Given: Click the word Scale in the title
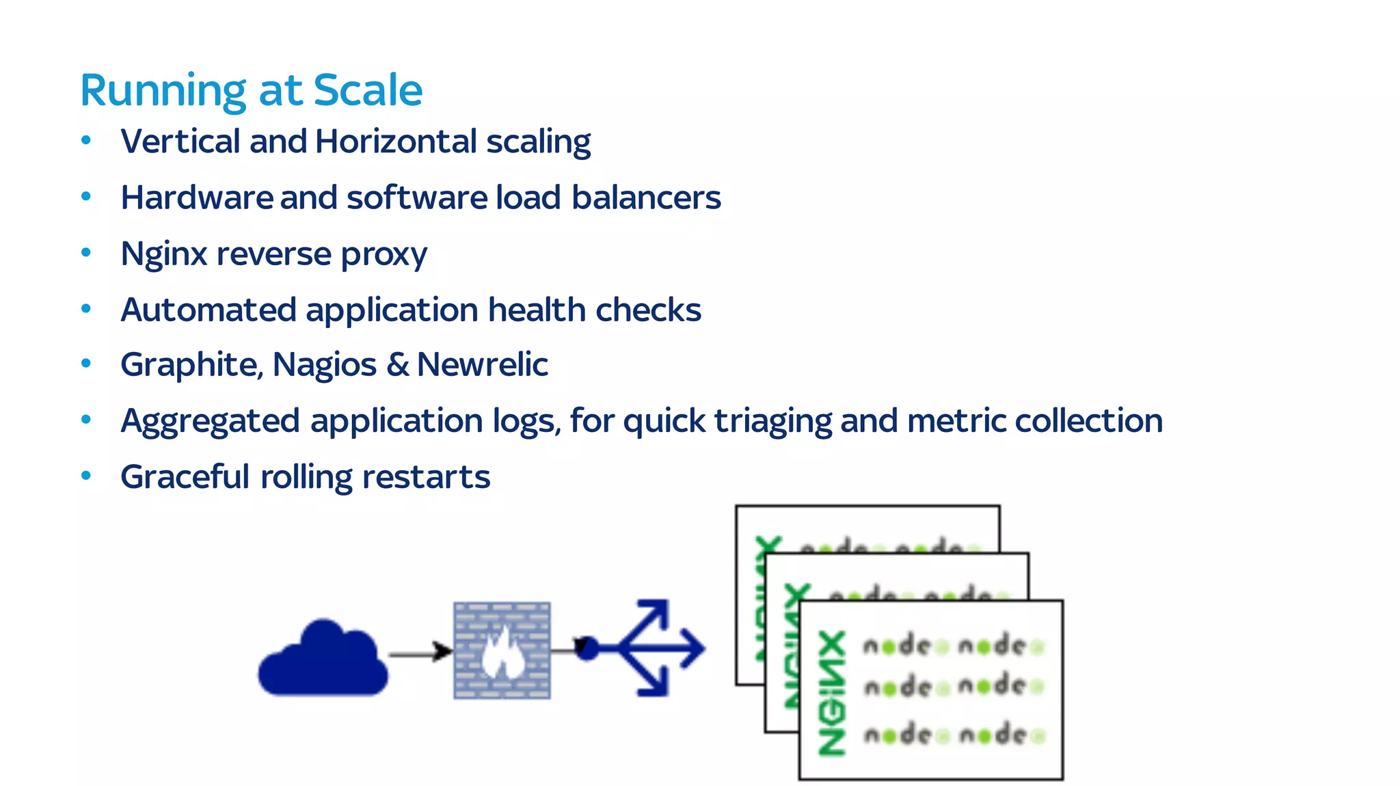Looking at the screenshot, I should tap(368, 90).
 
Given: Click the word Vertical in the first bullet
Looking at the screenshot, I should tap(180, 141).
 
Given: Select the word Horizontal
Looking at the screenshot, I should tap(396, 141).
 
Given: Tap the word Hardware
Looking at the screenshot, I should tap(197, 198).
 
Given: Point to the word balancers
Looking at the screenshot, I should tap(645, 198).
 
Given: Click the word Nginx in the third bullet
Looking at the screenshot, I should tap(163, 254).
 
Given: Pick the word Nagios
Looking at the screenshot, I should tap(324, 365).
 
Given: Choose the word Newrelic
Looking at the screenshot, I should tap(482, 364).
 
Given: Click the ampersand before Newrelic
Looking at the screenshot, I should tap(397, 364).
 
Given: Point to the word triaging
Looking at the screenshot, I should tap(772, 422).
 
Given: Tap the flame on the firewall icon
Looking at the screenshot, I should tap(502, 653).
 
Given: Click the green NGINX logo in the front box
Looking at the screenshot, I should tap(832, 692).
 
